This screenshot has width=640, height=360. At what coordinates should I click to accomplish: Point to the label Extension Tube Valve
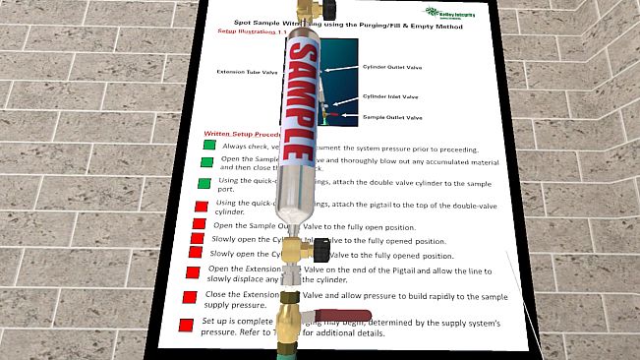247,71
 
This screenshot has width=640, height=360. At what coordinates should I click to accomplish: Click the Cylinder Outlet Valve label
394,68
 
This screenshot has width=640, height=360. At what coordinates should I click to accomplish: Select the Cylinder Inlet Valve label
390,96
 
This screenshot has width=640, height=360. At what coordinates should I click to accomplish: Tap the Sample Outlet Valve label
392,118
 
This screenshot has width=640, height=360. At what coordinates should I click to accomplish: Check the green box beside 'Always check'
208,146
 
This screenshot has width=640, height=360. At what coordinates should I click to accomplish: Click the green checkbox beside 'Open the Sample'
206,162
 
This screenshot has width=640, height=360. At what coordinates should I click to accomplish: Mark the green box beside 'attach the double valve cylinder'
204,184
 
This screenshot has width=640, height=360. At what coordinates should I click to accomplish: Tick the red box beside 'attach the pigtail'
201,207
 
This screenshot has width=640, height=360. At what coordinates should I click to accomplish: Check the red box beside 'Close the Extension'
188,297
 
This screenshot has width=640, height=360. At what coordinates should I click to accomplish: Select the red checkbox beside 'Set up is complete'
185,325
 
